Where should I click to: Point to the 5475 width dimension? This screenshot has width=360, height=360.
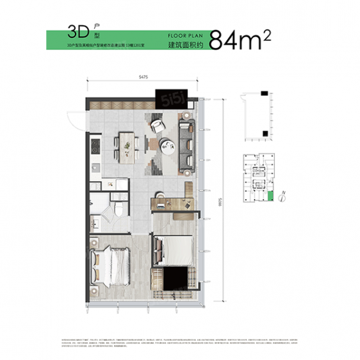click(143, 78)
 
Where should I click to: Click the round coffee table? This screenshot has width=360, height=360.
click(168, 147)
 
